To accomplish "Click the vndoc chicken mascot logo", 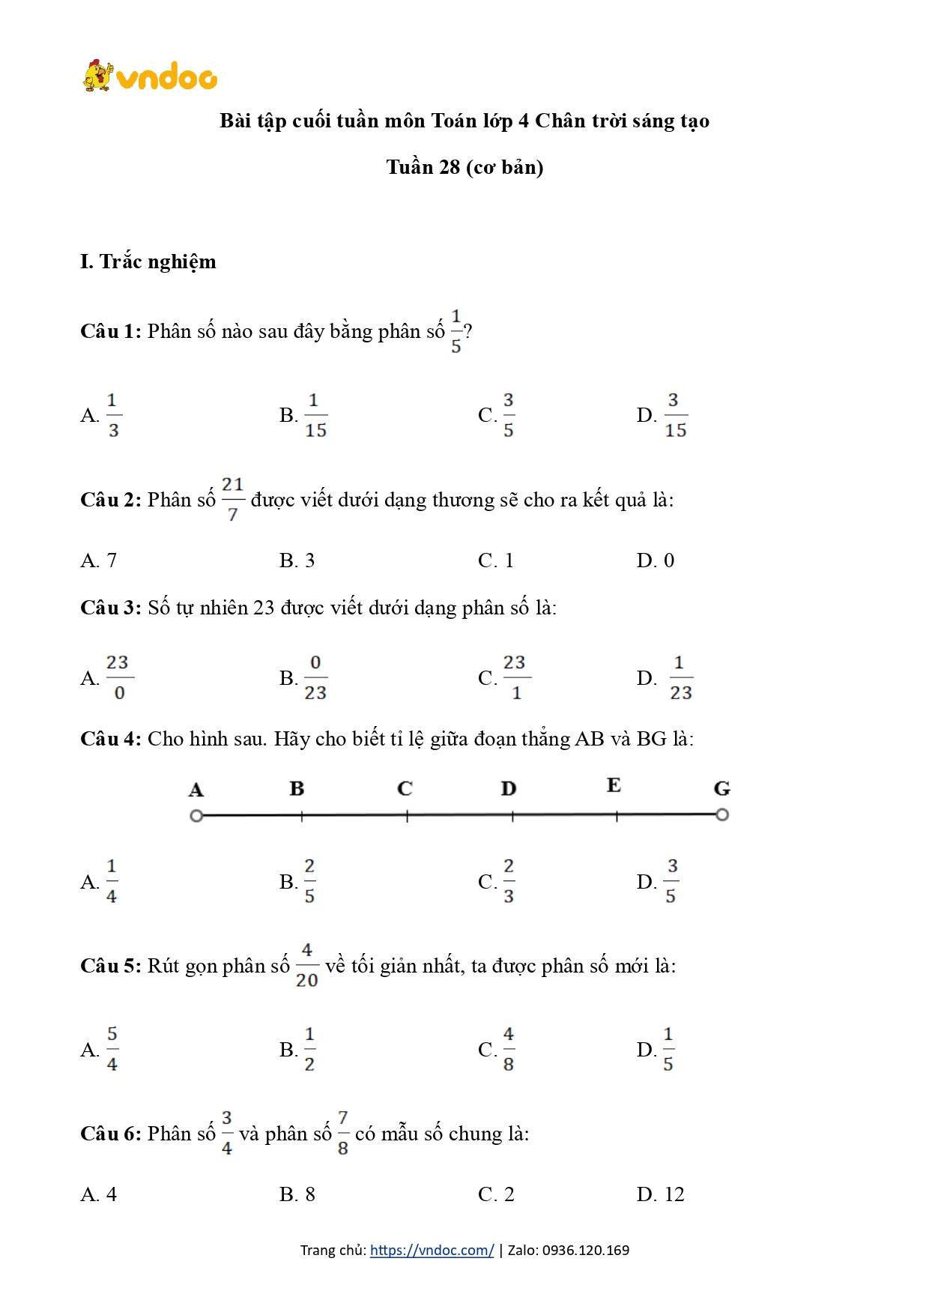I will click(x=98, y=76).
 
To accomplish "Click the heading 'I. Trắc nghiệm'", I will click(x=148, y=262).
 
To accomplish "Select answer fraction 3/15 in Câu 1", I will click(x=675, y=415).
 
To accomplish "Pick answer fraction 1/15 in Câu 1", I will click(x=315, y=415).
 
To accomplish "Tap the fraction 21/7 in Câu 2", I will click(x=233, y=499).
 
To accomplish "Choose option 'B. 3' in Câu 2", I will click(x=297, y=560).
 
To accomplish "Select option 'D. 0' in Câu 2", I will click(x=655, y=560).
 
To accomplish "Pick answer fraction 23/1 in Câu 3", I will click(x=515, y=677).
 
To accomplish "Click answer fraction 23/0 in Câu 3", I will click(x=118, y=677).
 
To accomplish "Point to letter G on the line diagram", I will click(x=721, y=788).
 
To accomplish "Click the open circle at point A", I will click(x=196, y=815).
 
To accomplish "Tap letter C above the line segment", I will click(x=405, y=788).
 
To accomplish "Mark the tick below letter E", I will click(x=617, y=817).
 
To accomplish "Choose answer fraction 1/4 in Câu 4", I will click(x=112, y=881).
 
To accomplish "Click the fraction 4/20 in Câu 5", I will click(x=306, y=965).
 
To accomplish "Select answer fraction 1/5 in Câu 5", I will click(x=668, y=1049).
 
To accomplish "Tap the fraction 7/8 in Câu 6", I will click(x=343, y=1133).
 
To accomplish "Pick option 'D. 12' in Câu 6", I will click(x=660, y=1194).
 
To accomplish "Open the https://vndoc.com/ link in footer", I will click(x=432, y=1250).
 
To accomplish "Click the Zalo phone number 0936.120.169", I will click(x=586, y=1250).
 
